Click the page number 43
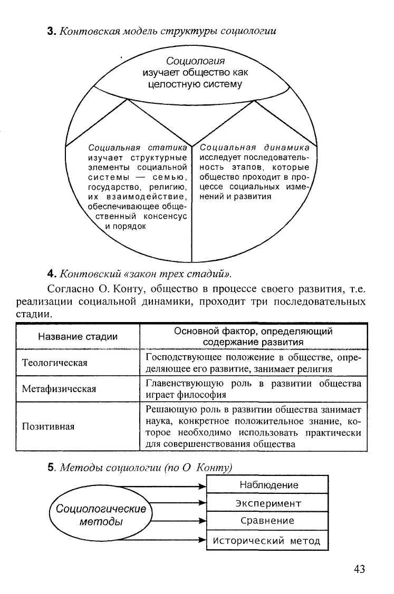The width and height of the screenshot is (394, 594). [359, 569]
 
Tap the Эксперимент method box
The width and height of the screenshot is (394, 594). [268, 503]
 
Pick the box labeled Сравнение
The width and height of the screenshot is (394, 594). [267, 521]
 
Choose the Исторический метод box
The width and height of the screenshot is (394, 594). [267, 541]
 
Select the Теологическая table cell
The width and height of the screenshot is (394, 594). [55, 363]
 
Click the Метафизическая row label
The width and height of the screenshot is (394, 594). [59, 389]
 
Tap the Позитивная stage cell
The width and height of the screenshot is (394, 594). [49, 426]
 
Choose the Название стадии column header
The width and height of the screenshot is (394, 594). [78, 337]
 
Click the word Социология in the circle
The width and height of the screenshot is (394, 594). [195, 61]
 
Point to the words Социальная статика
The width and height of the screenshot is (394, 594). [138, 148]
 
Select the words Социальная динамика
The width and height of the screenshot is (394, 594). [255, 148]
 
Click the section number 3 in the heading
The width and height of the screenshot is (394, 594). [51, 31]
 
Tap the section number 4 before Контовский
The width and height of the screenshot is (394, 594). [51, 274]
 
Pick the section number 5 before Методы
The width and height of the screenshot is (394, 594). [51, 467]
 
